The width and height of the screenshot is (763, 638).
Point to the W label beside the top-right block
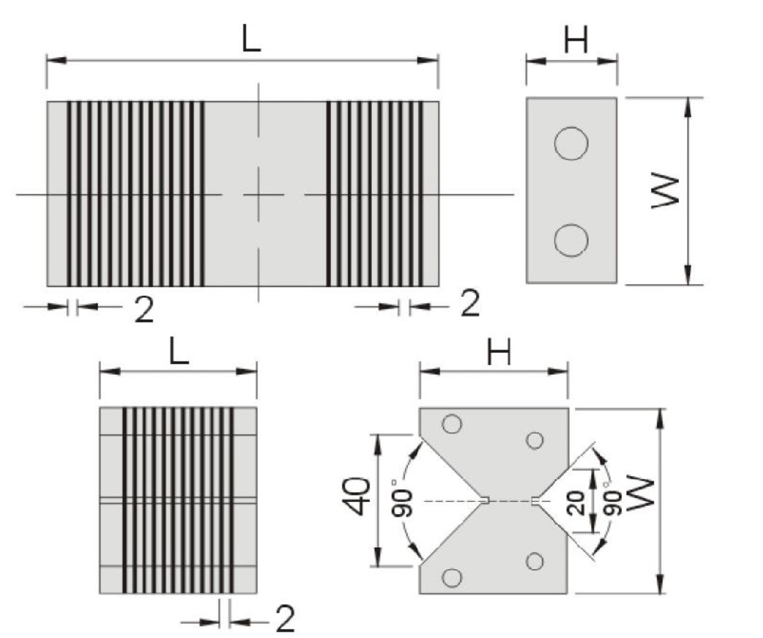pyautogui.click(x=665, y=191)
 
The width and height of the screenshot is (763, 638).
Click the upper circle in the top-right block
pyautogui.click(x=571, y=144)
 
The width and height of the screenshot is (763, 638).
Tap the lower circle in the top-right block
pyautogui.click(x=571, y=240)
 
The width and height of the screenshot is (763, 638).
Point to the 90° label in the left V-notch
pyautogui.click(x=402, y=498)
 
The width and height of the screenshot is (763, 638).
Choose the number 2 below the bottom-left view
pyautogui.click(x=285, y=619)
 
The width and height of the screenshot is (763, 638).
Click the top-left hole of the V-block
pyautogui.click(x=452, y=424)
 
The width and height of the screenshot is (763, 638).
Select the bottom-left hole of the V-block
pyautogui.click(x=452, y=578)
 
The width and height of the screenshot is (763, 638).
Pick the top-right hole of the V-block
pyautogui.click(x=534, y=441)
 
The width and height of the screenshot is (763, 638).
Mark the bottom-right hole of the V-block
pyautogui.click(x=534, y=561)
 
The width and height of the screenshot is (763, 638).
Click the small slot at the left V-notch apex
pyautogui.click(x=486, y=501)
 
